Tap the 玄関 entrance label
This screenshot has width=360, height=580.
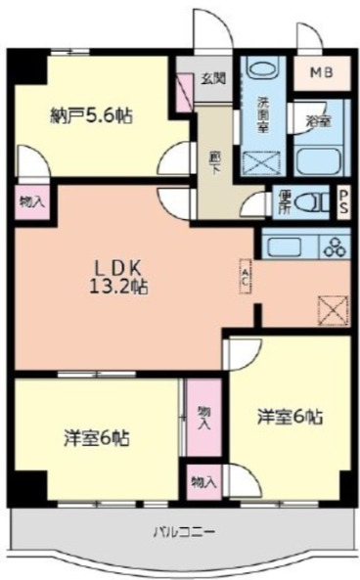(x=213, y=79)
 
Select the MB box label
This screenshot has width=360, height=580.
(x=322, y=72)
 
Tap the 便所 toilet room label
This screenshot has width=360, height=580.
(x=283, y=201)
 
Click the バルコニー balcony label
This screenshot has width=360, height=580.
(x=185, y=532)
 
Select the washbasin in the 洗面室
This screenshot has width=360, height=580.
(x=261, y=72)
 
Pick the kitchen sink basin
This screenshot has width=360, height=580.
(x=283, y=245)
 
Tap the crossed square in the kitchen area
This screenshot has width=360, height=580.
(x=333, y=310)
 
